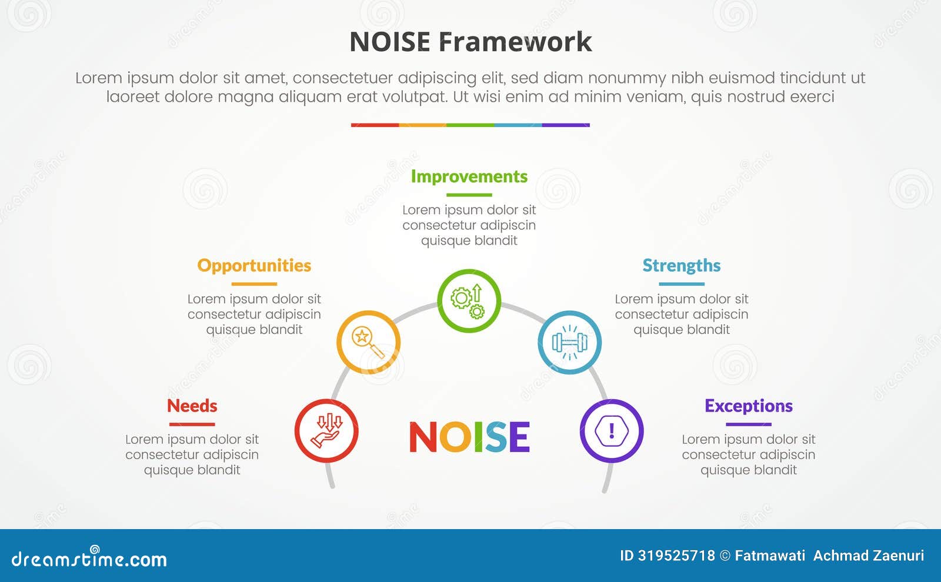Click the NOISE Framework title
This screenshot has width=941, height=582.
(x=470, y=42)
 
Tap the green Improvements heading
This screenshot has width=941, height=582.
(x=469, y=176)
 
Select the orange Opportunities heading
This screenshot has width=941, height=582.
(x=254, y=266)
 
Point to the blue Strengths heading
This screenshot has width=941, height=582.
(x=681, y=266)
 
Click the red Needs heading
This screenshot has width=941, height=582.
(x=192, y=406)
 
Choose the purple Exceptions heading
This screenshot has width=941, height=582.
(x=748, y=406)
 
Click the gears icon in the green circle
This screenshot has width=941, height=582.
(x=469, y=301)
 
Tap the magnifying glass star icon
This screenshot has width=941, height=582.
(x=368, y=343)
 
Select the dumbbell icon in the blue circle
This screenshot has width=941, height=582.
(x=569, y=343)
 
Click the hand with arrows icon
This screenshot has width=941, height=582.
(x=326, y=431)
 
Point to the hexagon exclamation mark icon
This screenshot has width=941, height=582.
(x=612, y=431)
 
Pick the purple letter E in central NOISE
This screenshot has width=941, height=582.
(x=518, y=437)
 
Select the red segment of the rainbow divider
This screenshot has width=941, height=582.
(x=375, y=125)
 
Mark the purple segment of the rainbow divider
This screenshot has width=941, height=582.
(x=565, y=125)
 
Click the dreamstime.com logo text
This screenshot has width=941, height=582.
(x=89, y=559)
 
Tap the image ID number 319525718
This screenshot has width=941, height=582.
(x=676, y=556)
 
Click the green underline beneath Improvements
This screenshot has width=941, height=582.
(x=469, y=195)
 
